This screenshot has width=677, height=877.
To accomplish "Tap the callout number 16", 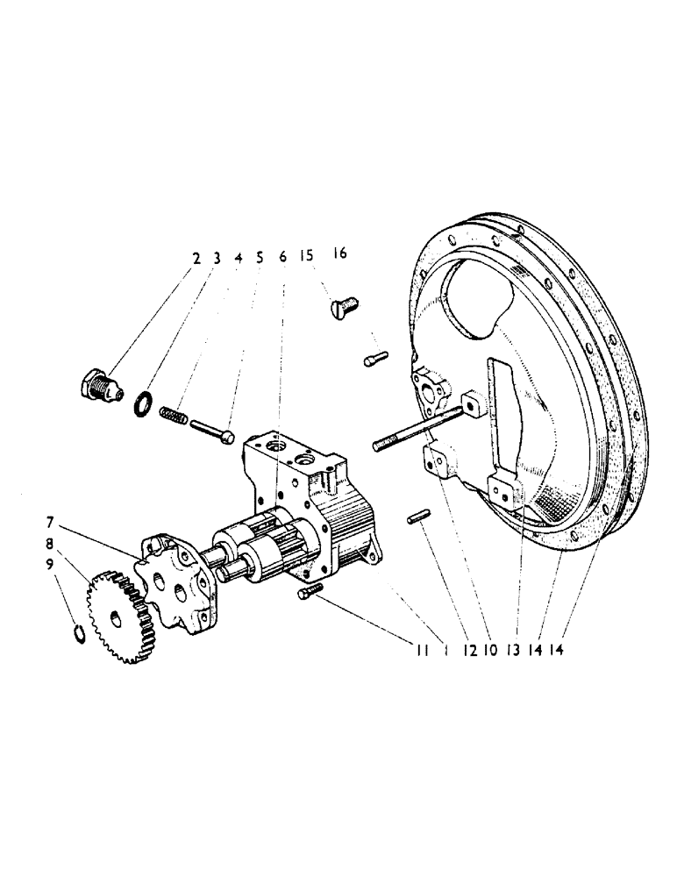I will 339,253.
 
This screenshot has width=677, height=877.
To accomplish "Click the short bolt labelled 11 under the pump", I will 310,594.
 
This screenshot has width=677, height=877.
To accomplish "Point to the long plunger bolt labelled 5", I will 213,430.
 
